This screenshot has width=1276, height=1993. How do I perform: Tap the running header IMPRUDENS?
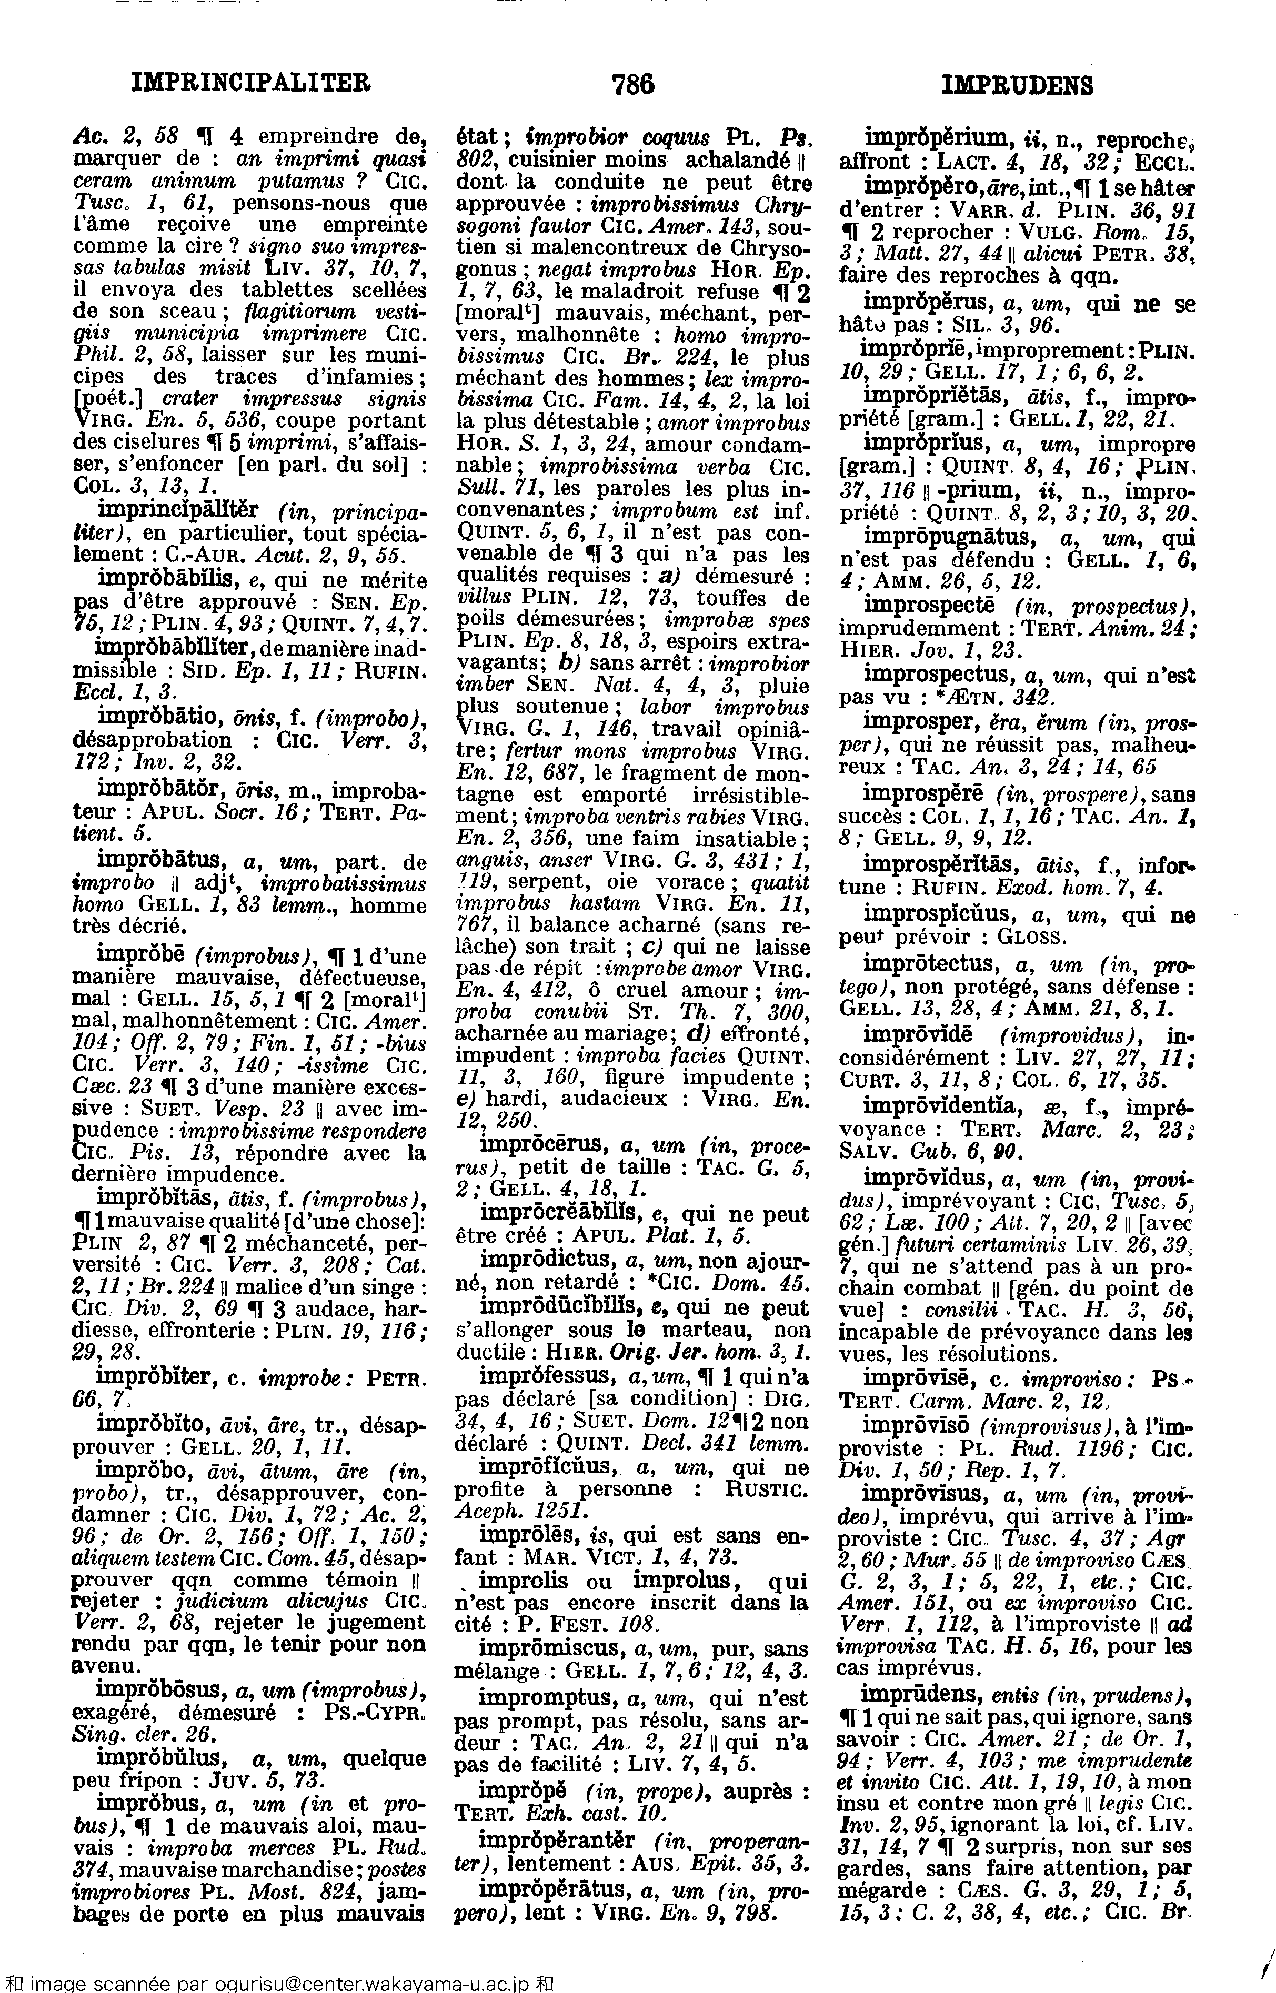[1018, 85]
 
